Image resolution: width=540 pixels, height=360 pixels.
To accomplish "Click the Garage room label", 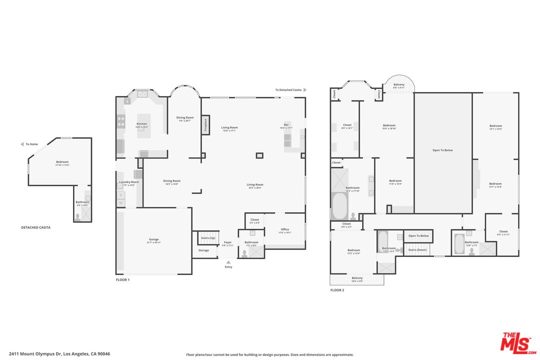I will click(x=154, y=239).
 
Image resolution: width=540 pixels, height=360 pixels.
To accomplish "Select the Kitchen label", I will click(x=142, y=124).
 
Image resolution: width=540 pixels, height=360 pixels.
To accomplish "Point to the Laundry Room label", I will click(x=129, y=182).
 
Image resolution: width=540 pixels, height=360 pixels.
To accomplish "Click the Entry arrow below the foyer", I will click(x=228, y=261).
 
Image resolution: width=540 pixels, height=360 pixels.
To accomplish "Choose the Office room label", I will click(x=284, y=229).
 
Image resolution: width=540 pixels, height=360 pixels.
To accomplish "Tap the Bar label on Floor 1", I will click(x=286, y=124).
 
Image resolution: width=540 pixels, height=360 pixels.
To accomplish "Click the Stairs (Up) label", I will click(x=208, y=238).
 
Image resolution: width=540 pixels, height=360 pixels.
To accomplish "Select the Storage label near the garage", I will click(x=203, y=250).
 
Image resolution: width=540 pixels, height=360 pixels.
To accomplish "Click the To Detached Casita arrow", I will click(x=304, y=90).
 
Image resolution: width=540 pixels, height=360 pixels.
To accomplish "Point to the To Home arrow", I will click(x=22, y=144).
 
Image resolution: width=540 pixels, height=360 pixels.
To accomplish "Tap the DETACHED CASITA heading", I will click(x=35, y=227).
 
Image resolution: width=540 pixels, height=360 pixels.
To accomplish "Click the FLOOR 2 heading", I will click(x=337, y=290).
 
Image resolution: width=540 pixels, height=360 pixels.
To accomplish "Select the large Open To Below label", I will click(x=442, y=150).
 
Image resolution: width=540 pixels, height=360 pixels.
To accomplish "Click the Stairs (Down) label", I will click(x=417, y=249).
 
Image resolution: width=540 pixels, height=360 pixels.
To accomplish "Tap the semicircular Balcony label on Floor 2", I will click(x=399, y=85).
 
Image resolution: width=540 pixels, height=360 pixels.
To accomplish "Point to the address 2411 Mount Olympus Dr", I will click(x=59, y=354).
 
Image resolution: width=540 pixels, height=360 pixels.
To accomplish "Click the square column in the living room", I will click(x=259, y=155).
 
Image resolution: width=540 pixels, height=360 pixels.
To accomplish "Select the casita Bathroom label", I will click(x=82, y=202).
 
